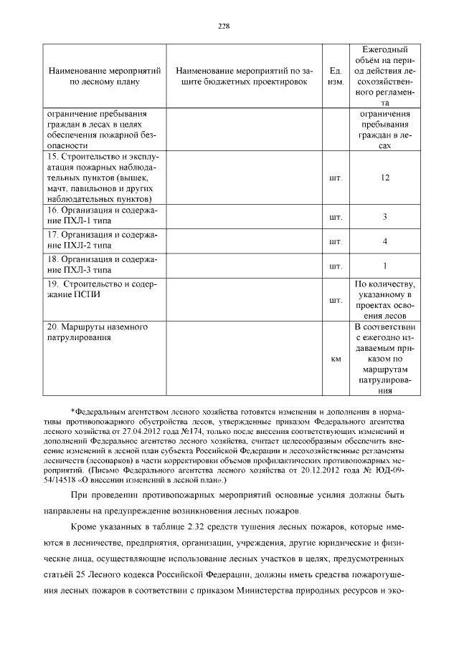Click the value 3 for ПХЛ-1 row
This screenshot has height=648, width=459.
(384, 216)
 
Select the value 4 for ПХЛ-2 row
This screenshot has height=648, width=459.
(384, 241)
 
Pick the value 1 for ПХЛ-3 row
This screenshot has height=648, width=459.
(384, 266)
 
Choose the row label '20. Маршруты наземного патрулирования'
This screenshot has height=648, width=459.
(97, 332)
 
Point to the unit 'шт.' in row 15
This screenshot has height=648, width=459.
(335, 177)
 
